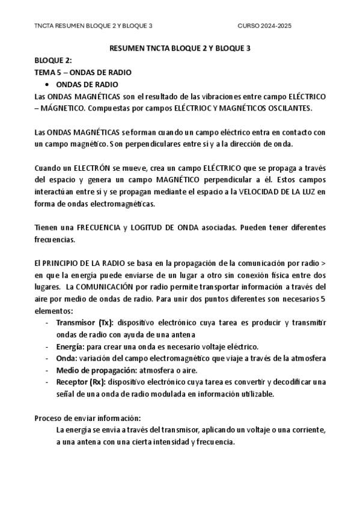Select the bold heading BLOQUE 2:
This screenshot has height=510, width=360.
53,61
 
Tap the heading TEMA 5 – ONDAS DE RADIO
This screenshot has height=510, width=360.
83,72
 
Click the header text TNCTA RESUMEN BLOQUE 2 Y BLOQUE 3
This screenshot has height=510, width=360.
93,26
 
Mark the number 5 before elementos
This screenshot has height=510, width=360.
323,300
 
